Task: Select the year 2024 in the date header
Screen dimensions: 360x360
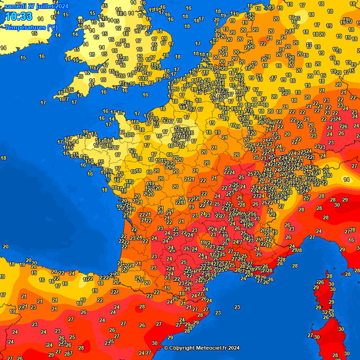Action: pos(61,6)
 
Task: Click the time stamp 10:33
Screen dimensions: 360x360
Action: pos(19,17)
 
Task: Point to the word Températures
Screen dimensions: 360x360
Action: pos(24,27)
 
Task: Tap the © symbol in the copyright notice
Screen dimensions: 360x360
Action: pos(166,348)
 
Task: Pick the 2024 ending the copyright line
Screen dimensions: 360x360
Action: pos(234,348)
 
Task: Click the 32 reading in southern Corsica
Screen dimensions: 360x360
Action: pos(325,312)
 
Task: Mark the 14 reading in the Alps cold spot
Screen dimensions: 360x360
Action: pos(346,180)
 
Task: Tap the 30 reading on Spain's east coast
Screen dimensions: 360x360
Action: pos(155,343)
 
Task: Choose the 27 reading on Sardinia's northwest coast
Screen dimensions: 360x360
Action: pos(310,335)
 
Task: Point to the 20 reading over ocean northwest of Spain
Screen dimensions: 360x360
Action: pos(6,247)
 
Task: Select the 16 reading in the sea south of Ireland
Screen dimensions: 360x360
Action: pos(42,56)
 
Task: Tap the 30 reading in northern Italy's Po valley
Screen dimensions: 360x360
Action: pos(337,205)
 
